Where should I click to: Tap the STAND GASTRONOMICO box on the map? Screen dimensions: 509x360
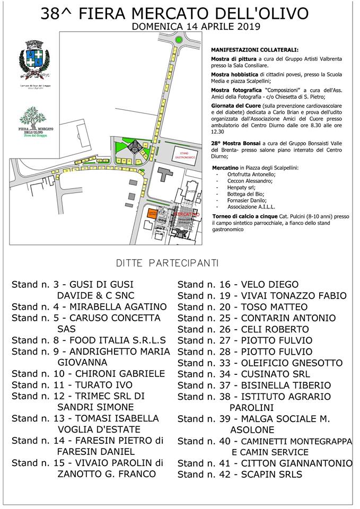(x=183, y=155)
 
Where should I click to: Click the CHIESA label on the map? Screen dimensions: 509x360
(x=191, y=191)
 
